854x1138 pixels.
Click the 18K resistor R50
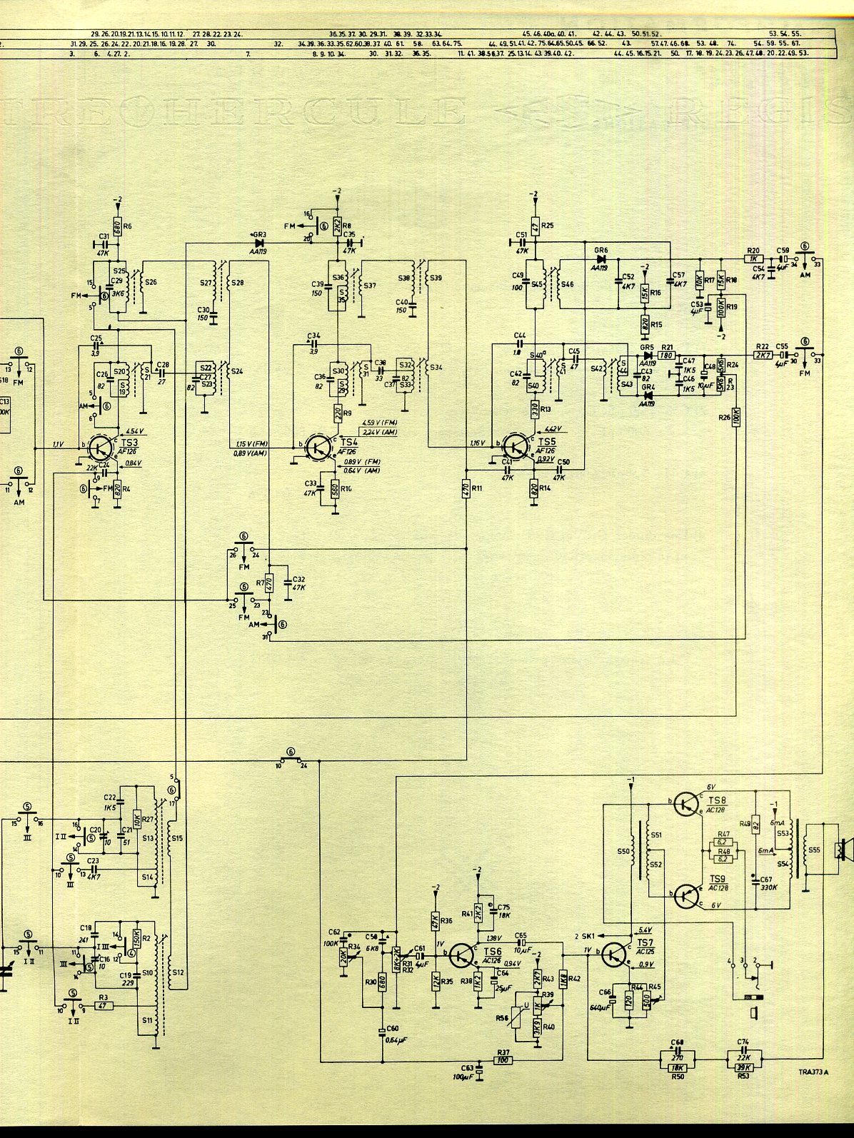678,1067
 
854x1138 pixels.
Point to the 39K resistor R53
743,1067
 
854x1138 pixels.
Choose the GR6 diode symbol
601,260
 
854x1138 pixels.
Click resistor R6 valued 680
119,226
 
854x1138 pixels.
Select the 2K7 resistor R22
762,354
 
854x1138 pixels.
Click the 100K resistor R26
735,416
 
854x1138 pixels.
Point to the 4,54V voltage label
135,430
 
